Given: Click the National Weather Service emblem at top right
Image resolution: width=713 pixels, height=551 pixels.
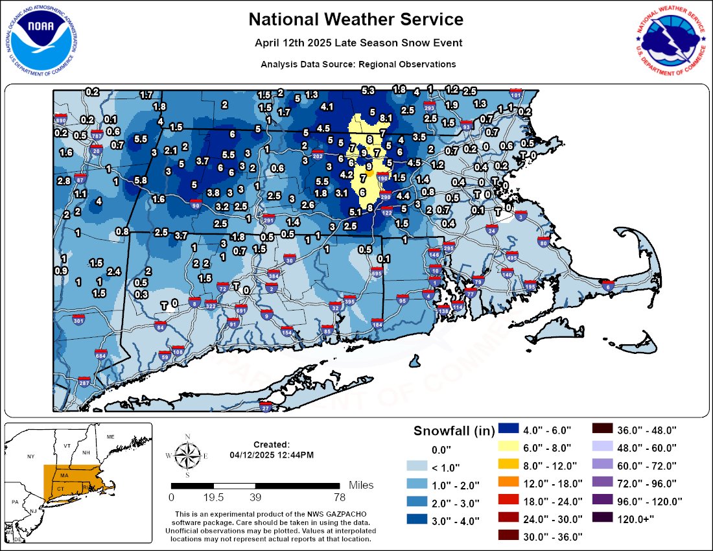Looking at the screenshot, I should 671,40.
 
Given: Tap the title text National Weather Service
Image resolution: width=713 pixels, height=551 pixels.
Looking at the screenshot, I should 356,19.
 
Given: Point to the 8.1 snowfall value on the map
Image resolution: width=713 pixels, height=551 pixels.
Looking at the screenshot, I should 387,118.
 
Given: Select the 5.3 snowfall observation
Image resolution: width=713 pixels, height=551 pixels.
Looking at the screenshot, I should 368,90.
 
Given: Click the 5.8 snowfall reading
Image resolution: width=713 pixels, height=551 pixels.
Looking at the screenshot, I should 139,180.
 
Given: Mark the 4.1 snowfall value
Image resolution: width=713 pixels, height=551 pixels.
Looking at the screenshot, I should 327,106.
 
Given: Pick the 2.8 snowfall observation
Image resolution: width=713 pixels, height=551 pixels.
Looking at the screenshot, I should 64,180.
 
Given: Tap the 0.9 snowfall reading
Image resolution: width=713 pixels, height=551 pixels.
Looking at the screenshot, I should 61,270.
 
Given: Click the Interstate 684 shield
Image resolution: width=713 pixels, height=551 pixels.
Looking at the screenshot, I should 100,355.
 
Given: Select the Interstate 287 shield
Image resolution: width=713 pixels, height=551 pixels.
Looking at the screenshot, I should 84,382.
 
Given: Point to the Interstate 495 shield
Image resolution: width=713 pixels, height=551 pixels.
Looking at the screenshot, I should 511,257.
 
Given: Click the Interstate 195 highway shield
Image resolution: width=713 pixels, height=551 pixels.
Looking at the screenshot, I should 530,286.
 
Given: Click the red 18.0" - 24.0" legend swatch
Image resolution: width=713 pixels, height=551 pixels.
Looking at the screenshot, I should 508,500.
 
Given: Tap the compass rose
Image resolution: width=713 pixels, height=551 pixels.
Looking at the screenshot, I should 187,456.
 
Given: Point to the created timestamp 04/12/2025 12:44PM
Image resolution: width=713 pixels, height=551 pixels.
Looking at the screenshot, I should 272,455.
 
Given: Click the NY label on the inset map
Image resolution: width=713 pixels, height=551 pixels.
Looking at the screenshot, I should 30,456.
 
